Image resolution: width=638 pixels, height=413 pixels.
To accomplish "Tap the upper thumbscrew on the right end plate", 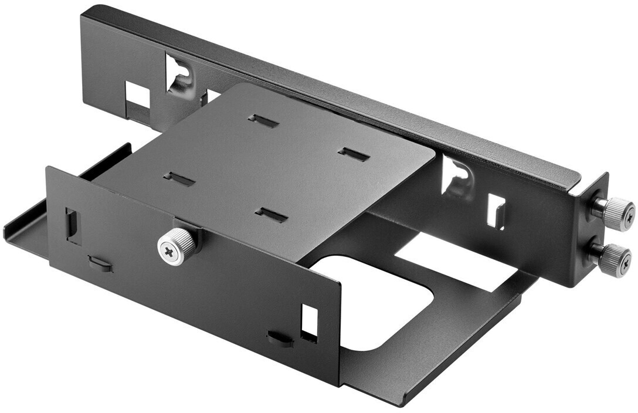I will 613,212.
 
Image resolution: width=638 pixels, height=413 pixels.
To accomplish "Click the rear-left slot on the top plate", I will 263,121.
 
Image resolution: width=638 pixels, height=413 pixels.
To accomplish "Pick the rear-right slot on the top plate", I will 354,154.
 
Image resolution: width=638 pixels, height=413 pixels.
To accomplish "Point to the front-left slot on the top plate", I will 179,180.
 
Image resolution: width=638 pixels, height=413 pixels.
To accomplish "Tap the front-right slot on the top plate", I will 272,215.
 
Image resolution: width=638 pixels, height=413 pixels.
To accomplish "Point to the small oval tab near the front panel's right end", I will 280,338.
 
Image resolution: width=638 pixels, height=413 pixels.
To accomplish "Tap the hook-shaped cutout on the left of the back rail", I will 179,76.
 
